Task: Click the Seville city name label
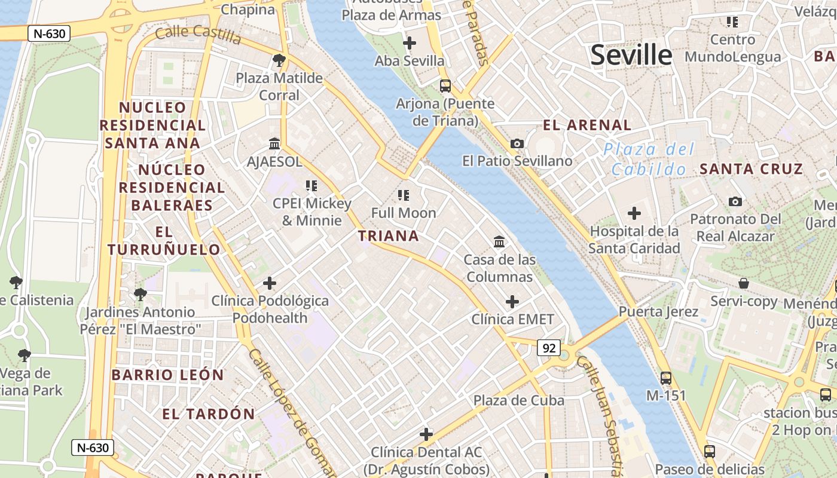(x=631, y=55)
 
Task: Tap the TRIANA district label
(x=389, y=236)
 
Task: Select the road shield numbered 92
(x=549, y=348)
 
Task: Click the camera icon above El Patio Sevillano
(x=517, y=143)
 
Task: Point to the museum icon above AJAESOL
(x=274, y=143)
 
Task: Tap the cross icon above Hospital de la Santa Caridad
(x=634, y=213)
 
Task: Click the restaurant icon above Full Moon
(x=404, y=195)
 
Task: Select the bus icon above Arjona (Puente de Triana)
(x=445, y=85)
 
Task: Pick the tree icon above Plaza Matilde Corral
(x=279, y=60)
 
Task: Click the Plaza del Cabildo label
(x=649, y=159)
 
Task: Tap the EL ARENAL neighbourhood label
(x=587, y=125)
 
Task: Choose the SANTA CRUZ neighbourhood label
(x=751, y=169)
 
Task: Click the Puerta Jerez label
(x=658, y=311)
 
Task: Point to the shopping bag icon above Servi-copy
(x=744, y=283)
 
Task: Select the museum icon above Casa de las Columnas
(x=499, y=241)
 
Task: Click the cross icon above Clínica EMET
(x=512, y=301)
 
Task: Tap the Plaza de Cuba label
(x=519, y=400)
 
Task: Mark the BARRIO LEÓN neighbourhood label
(x=167, y=375)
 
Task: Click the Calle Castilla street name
(x=198, y=35)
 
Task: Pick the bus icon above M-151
(x=666, y=378)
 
